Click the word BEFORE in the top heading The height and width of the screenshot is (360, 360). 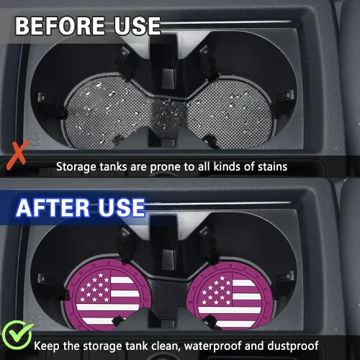click(x=60, y=26)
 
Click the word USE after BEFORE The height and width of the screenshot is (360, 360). click(x=137, y=26)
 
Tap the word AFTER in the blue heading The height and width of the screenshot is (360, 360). click(x=53, y=207)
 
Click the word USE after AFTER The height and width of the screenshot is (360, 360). click(x=122, y=207)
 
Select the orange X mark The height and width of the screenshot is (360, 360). click(x=17, y=156)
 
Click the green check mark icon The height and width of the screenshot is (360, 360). click(x=17, y=335)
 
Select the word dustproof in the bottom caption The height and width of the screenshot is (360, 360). click(x=293, y=346)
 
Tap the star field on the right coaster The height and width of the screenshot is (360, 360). click(x=217, y=290)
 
